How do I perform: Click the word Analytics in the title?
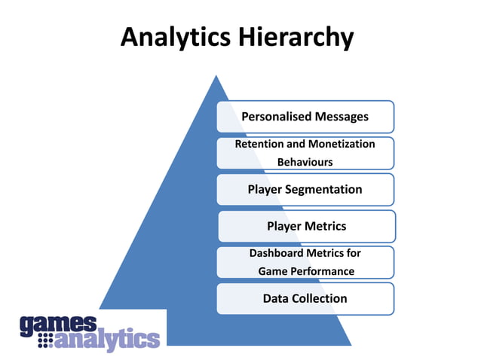click(176, 37)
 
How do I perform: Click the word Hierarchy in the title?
click(296, 37)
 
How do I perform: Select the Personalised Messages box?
click(305, 117)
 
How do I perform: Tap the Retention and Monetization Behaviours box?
click(305, 153)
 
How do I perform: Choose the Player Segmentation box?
click(305, 190)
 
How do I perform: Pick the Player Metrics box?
click(306, 226)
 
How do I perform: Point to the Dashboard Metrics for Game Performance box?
click(305, 262)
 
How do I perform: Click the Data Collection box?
click(305, 298)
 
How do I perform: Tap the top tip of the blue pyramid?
click(216, 76)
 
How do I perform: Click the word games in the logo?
click(58, 324)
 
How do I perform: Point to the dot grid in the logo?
click(47, 341)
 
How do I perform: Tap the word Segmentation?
click(326, 190)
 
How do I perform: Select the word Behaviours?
click(305, 162)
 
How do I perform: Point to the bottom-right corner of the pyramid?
click(351, 344)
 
